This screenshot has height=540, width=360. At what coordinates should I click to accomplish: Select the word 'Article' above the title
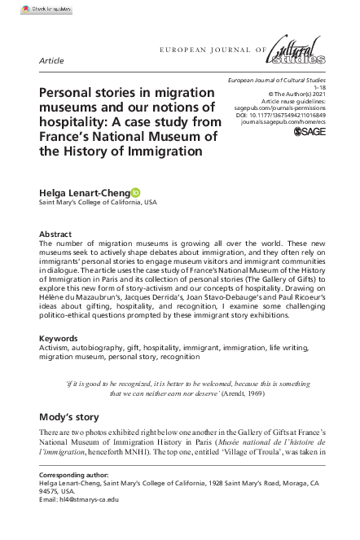pyautogui.click(x=52, y=61)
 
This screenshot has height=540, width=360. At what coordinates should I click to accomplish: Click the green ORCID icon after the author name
pyautogui.click(x=135, y=192)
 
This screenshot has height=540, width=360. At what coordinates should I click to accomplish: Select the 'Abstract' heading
pyautogui.click(x=56, y=234)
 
